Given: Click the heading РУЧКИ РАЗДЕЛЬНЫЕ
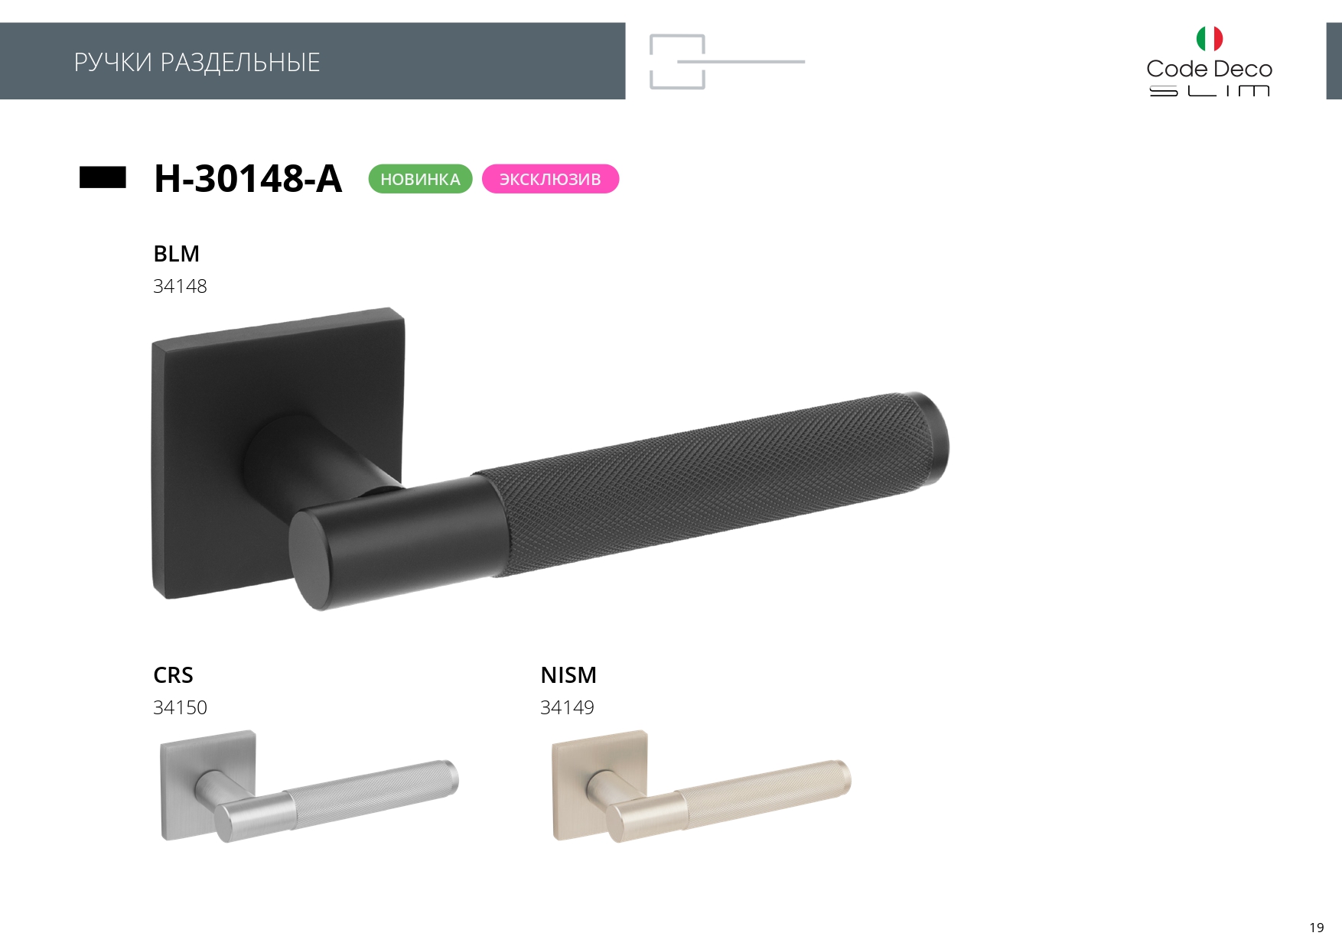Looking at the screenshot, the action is point(197,62).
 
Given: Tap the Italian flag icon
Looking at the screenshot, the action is point(1210,38).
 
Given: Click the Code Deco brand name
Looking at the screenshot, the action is point(1209,69).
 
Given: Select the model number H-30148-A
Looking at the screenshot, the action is point(248,178).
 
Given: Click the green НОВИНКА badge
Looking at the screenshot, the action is point(420,179).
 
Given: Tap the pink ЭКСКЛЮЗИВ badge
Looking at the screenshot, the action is point(550,179).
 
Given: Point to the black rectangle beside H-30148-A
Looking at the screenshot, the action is point(103,177).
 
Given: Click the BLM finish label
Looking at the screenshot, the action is point(176,253).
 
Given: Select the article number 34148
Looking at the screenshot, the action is point(180,286).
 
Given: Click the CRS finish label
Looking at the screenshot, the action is point(173,675).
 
